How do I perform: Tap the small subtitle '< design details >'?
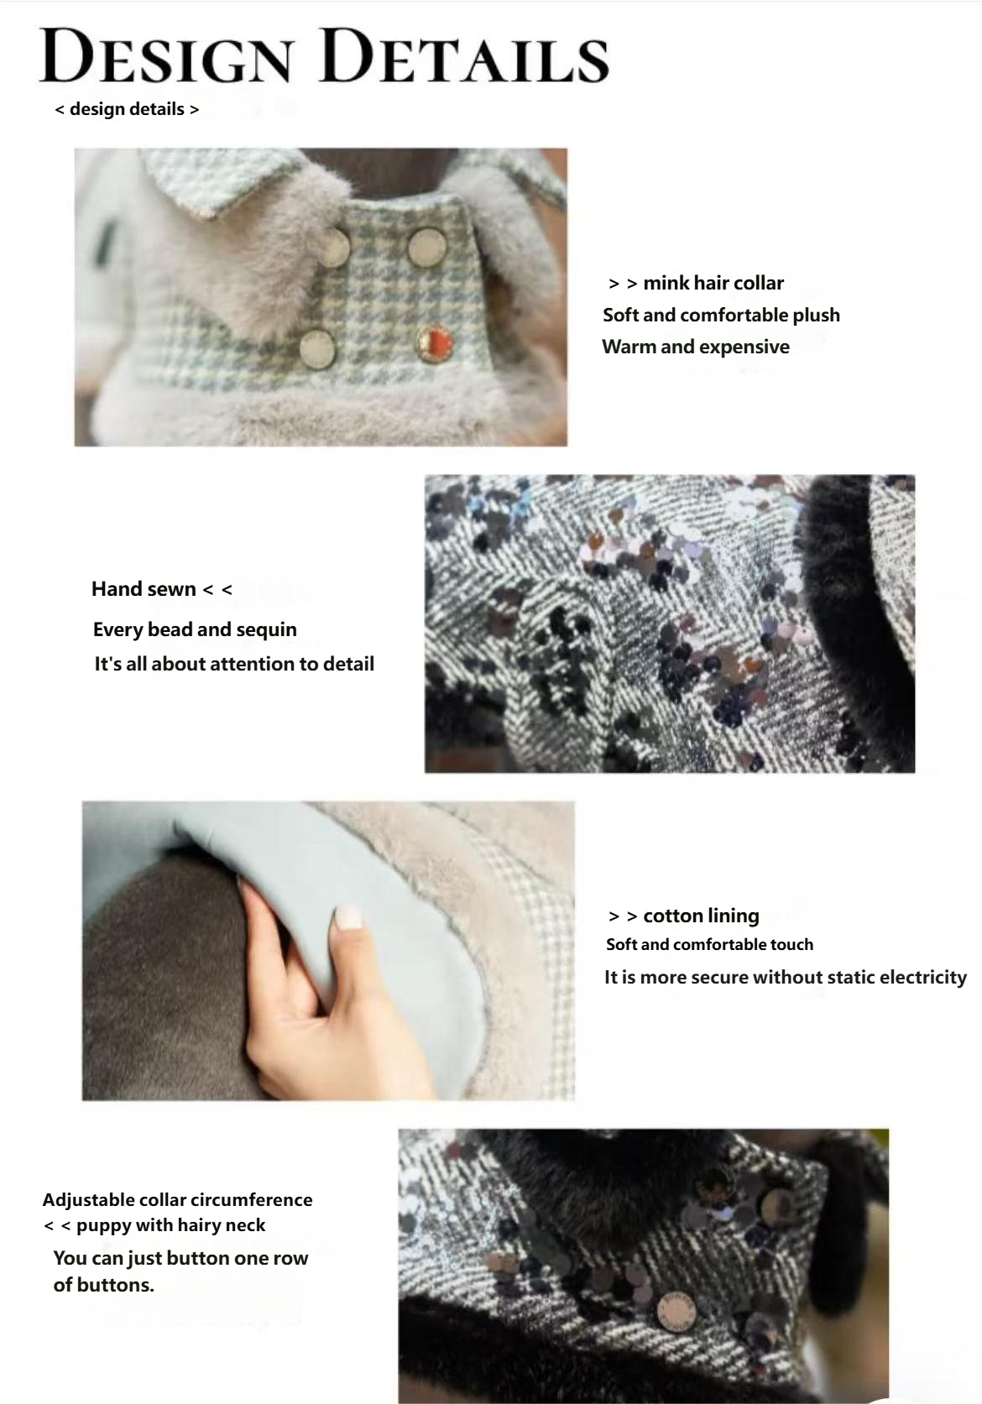point(127,109)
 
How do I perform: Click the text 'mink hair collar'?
point(713,283)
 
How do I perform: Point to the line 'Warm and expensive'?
point(696,347)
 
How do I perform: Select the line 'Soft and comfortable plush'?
point(721,315)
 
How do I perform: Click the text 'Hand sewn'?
point(144,589)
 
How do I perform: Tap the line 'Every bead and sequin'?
point(195,629)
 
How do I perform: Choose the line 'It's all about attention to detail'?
point(234,664)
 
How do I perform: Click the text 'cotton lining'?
point(701,916)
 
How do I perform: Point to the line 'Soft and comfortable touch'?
point(709,944)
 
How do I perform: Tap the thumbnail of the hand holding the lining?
point(328,950)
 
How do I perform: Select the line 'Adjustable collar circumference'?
point(177,1200)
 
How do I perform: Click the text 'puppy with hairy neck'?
point(170,1225)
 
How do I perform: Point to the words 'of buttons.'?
point(104,1285)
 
